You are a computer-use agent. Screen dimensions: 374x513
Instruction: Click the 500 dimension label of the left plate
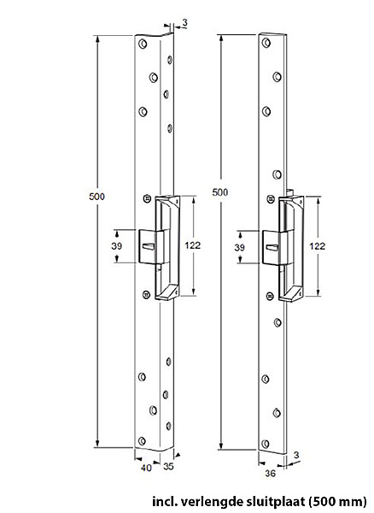[97, 197]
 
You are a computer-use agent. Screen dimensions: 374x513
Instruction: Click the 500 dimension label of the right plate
[220, 192]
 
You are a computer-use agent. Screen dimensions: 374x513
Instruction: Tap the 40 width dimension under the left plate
[146, 469]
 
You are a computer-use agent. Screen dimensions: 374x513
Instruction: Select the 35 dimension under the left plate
[168, 467]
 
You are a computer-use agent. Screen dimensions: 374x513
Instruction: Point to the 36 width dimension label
[271, 473]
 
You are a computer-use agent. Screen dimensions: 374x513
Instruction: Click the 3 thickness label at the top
[184, 22]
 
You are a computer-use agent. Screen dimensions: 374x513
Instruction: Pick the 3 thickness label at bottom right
[296, 455]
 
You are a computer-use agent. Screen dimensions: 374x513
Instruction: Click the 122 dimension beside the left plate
[192, 245]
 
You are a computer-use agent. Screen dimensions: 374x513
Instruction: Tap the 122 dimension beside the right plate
[317, 246]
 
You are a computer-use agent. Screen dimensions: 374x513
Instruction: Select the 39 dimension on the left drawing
[117, 245]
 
